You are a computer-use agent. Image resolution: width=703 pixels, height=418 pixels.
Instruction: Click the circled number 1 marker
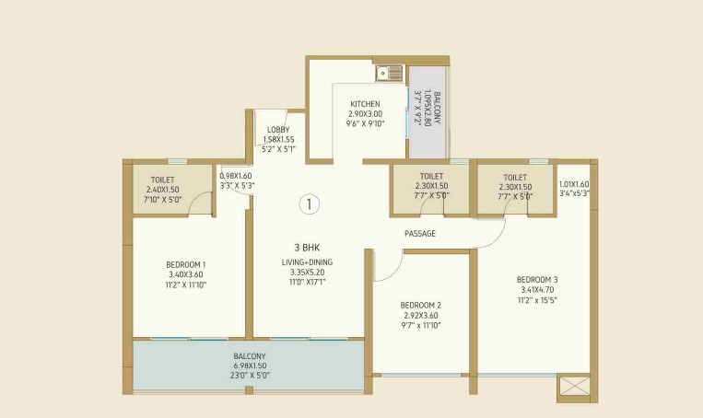(x=310, y=204)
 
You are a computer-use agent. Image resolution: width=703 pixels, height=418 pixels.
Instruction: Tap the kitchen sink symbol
(x=389, y=73)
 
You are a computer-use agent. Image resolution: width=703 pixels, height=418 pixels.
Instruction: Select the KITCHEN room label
(x=365, y=104)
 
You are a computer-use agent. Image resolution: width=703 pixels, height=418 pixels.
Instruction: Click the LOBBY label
(x=277, y=130)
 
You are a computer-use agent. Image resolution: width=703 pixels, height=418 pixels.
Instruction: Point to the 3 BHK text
(x=307, y=248)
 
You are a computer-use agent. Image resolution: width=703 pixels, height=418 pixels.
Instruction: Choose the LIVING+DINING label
(x=307, y=262)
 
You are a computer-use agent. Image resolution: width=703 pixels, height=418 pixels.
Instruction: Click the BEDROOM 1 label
(x=185, y=265)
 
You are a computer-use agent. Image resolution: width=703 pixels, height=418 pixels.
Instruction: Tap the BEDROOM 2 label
(x=421, y=305)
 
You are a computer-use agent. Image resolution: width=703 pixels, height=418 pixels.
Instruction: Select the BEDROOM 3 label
(x=537, y=279)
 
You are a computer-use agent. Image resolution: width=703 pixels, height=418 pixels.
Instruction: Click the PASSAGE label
(x=420, y=234)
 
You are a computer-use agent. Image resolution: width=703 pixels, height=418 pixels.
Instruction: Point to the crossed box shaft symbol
(x=572, y=388)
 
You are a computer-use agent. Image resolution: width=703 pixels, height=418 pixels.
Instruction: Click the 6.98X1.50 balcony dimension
(x=250, y=366)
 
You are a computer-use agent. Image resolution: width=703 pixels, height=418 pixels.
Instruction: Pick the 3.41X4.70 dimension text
(x=537, y=289)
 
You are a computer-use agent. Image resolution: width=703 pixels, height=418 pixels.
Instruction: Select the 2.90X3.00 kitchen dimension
(x=365, y=113)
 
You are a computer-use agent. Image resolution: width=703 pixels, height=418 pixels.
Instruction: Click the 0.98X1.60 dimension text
(x=236, y=176)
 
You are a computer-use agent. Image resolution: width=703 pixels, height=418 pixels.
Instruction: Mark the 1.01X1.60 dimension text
(x=574, y=183)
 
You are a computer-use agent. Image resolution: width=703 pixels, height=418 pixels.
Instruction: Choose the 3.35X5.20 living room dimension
(x=307, y=273)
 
